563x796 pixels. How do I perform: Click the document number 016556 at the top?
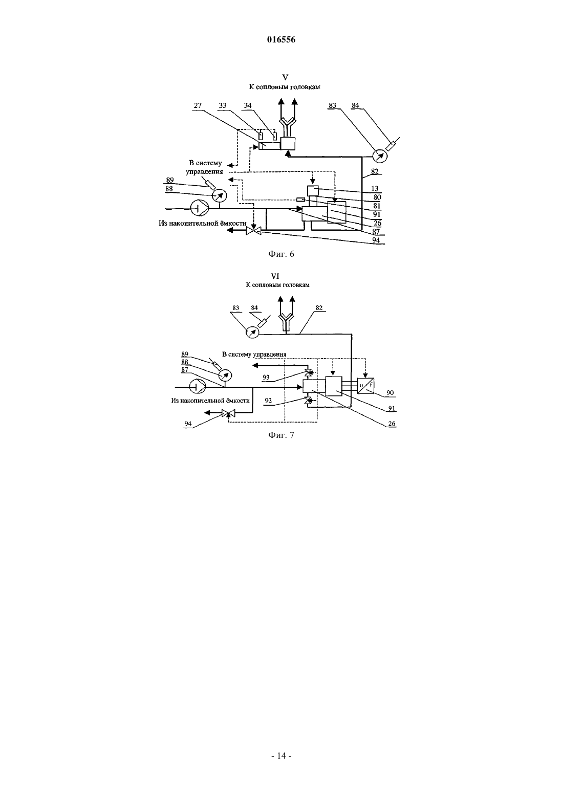281,39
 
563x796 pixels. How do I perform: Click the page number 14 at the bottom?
281,756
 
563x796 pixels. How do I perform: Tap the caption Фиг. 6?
281,254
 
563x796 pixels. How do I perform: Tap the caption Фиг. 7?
281,435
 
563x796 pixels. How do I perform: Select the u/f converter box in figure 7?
366,385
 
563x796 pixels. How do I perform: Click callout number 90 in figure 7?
390,393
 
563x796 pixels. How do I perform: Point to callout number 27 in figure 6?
198,105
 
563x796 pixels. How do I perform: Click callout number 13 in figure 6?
375,188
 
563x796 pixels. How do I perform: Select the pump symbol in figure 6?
198,208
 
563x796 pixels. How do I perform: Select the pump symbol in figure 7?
198,386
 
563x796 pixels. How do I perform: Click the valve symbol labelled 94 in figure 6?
253,231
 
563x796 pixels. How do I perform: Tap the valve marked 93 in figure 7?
309,372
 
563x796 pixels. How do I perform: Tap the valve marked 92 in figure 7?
309,401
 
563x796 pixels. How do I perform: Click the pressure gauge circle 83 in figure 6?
380,156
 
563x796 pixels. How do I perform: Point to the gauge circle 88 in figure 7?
225,375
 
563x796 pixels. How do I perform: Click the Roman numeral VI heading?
275,276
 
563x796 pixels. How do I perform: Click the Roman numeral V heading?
285,77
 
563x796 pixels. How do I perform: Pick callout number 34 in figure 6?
248,105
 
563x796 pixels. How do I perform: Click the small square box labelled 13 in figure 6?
313,191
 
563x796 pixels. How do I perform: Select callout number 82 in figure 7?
319,308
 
